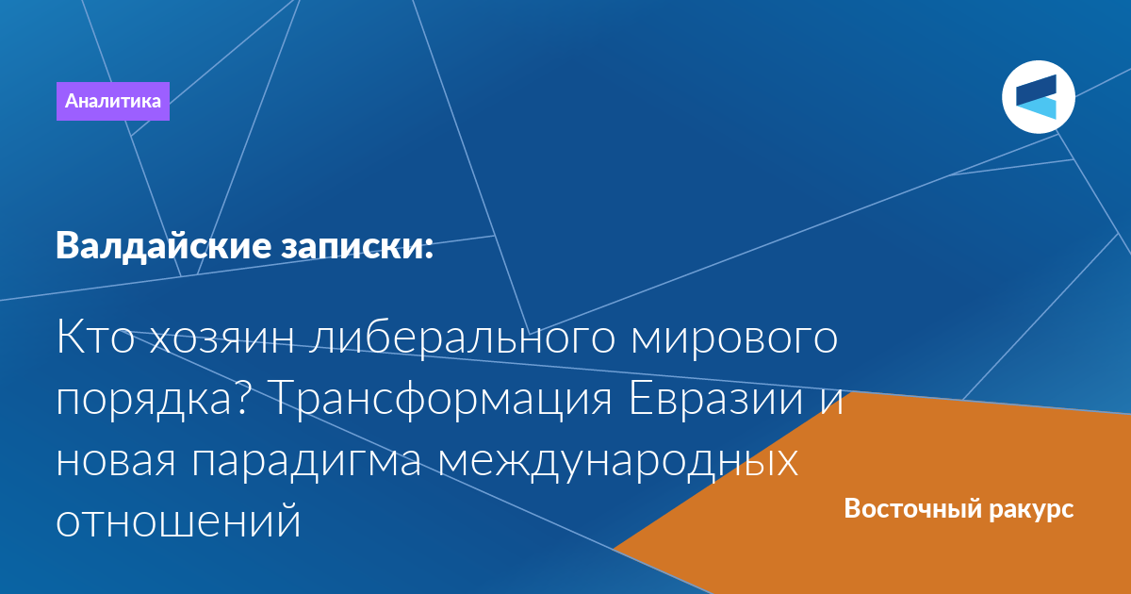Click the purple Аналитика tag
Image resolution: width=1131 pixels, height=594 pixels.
pos(112,101)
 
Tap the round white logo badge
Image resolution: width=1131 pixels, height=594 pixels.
pos(1039,97)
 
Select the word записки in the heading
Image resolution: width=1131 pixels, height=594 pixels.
pos(351,246)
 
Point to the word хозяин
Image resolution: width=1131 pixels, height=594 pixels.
pos(222,338)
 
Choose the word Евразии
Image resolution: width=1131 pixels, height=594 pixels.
pos(716,399)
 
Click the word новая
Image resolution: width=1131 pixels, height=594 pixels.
pos(116,461)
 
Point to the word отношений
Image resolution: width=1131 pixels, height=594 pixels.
pos(178,521)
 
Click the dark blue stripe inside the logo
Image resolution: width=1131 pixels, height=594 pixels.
pos(1036,90)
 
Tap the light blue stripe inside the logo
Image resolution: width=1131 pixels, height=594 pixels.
pos(1036,108)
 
